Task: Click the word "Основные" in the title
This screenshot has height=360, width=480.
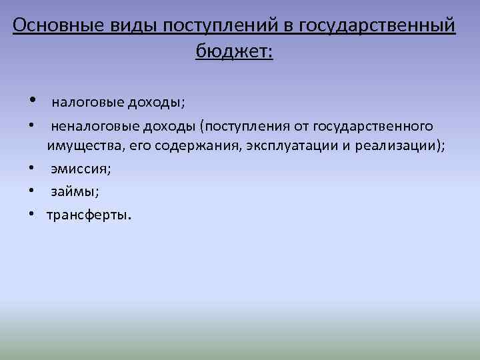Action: point(54,26)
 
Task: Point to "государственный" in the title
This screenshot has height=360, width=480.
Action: point(378,26)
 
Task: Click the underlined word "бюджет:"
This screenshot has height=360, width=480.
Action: point(234,51)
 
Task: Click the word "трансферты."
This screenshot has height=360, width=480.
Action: point(89,215)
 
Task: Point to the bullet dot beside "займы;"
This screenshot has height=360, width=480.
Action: point(31,192)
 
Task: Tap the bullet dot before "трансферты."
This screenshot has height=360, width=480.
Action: point(31,215)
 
